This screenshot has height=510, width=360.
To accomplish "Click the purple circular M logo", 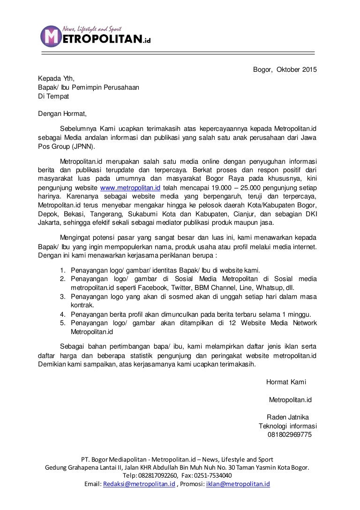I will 51,36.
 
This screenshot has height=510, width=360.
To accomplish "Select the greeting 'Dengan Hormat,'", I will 62,113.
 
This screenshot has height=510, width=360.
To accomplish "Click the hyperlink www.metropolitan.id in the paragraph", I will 131,187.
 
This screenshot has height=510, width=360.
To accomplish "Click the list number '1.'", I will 63,270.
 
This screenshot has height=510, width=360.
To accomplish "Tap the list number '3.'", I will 63,297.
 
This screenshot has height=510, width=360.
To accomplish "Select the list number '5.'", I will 63,323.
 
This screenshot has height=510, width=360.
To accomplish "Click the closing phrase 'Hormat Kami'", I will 286,382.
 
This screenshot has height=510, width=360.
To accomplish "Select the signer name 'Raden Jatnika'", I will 287,417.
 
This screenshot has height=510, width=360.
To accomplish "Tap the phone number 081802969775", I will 289,434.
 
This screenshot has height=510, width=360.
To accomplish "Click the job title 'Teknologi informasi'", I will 288,426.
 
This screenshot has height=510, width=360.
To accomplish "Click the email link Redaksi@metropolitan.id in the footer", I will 139,484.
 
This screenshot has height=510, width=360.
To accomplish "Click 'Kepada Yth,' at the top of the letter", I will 56,78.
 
